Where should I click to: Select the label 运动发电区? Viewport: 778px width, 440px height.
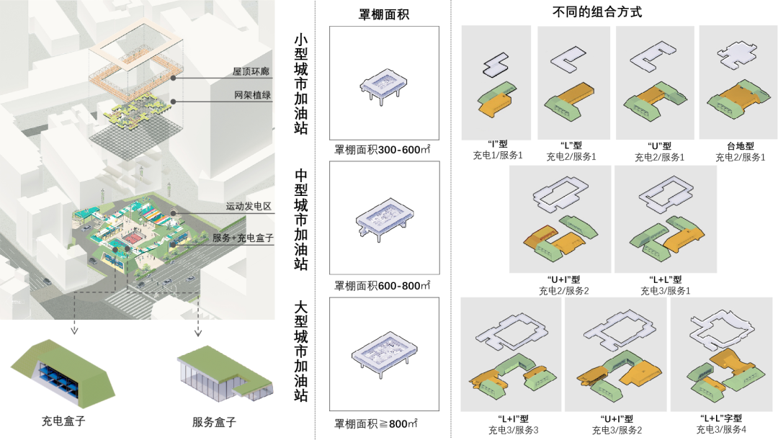[x=248, y=206]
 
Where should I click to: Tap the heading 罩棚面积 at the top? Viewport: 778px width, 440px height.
[x=384, y=14]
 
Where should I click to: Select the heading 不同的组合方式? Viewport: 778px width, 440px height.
[x=607, y=12]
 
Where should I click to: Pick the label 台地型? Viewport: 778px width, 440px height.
[x=739, y=145]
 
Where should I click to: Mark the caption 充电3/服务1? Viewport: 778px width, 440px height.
[x=665, y=291]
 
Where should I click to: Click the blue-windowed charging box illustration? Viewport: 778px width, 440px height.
[x=63, y=374]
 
